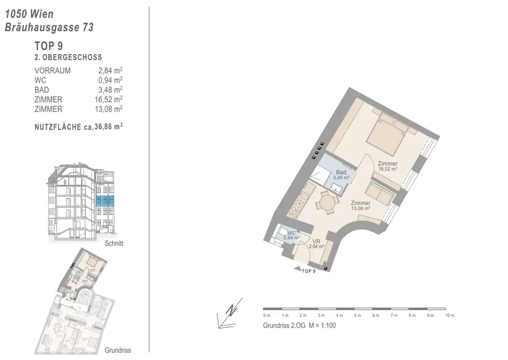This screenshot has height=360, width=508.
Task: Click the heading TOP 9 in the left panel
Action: (x=49, y=46)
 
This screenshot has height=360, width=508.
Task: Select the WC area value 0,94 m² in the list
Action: (x=110, y=80)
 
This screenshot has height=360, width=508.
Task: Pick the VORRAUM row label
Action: (x=53, y=71)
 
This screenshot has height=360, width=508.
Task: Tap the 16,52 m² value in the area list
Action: (x=109, y=100)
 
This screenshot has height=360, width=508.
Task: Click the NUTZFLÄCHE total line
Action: (x=79, y=127)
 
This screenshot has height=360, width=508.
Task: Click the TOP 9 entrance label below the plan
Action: (x=309, y=271)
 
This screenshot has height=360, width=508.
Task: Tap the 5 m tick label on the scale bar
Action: (x=357, y=315)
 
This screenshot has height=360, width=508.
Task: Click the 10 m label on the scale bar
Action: (x=449, y=315)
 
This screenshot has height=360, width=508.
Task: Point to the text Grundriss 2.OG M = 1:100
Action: (x=299, y=325)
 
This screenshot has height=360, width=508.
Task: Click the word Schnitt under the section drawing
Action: (x=114, y=243)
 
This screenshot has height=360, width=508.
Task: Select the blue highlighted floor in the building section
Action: (x=105, y=201)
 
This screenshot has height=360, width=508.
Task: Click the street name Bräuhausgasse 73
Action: (x=49, y=27)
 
